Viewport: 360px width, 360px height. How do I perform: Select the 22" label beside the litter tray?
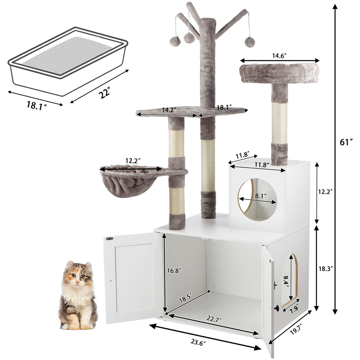coord(104,94)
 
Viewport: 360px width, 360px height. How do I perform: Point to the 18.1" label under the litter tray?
coord(37,105)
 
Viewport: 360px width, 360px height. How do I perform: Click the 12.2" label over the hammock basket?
coord(133,161)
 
